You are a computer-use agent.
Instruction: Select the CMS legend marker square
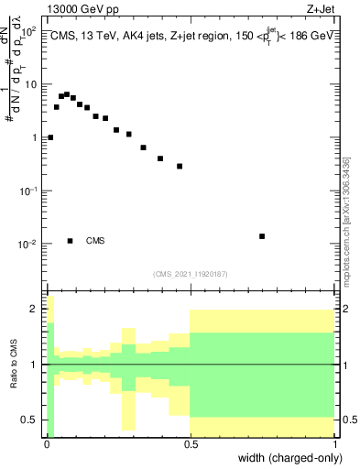(70, 241)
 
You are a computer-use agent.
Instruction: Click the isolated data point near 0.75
(262, 236)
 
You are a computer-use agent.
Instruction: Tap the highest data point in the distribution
(67, 93)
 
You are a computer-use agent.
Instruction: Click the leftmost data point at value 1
(50, 137)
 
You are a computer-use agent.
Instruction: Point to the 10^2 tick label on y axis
(28, 31)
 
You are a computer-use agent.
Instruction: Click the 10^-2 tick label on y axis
(28, 245)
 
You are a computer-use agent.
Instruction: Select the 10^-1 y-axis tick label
(28, 191)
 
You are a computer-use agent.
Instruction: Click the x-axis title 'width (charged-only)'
(289, 457)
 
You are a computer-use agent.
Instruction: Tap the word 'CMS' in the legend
(95, 241)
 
